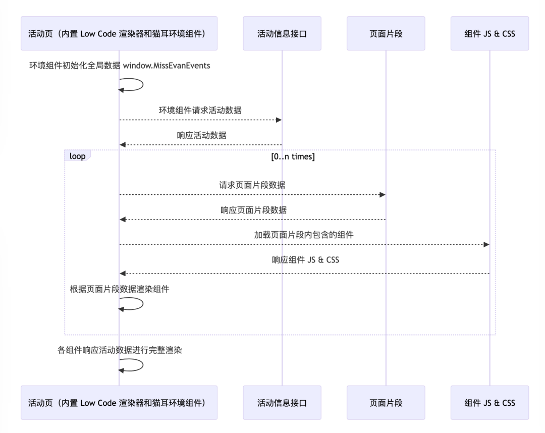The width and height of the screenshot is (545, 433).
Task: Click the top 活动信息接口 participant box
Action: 282,33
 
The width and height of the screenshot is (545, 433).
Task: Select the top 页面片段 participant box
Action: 386,33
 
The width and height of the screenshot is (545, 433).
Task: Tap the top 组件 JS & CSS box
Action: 489,33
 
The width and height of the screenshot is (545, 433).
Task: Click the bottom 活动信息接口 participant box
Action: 282,402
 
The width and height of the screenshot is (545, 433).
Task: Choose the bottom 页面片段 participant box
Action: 386,402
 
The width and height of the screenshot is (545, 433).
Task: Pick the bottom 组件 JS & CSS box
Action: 489,402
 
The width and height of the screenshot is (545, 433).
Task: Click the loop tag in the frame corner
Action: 78,155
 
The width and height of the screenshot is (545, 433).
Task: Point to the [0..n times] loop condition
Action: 293,156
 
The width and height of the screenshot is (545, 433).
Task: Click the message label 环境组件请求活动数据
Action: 200,110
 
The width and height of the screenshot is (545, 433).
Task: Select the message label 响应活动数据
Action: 201,135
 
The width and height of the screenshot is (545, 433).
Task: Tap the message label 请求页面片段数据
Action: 252,185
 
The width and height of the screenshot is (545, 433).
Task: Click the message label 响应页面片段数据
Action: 253,210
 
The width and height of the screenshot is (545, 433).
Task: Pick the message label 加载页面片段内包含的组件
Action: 304,235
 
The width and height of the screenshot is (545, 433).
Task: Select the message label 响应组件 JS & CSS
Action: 305,259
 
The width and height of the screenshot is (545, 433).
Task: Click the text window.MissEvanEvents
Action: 167,66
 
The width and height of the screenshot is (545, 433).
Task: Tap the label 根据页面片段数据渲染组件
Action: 120,289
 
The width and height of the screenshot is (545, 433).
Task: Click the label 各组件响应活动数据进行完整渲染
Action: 120,350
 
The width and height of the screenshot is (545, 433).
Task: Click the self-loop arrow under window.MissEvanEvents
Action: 143,85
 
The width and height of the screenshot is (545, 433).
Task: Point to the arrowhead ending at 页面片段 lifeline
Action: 383,195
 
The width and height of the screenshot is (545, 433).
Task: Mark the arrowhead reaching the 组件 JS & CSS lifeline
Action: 486,245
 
